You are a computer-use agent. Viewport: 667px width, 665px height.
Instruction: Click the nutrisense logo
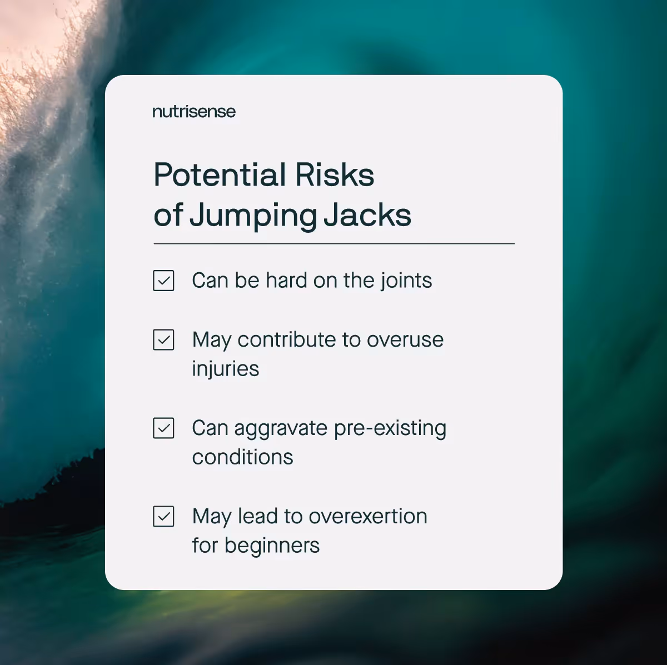(x=194, y=112)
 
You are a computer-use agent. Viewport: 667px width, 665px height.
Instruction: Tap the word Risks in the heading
(x=335, y=175)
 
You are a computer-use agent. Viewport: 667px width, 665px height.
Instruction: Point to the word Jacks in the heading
(x=367, y=216)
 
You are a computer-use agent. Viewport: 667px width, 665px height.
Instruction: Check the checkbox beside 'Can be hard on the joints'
(x=163, y=281)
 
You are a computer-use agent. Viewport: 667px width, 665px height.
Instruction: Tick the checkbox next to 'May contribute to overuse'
(x=163, y=340)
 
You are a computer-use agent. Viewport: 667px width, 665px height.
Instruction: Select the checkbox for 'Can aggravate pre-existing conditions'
(x=163, y=428)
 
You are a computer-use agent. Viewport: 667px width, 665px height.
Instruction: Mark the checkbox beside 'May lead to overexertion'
(x=163, y=517)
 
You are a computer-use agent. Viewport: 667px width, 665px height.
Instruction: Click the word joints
(x=406, y=281)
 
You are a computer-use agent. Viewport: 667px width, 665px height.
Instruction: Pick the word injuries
(x=226, y=369)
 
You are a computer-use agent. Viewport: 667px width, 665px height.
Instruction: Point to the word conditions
(x=242, y=457)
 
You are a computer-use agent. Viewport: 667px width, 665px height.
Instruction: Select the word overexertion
(x=368, y=517)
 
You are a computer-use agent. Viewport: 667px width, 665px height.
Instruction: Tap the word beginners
(x=272, y=546)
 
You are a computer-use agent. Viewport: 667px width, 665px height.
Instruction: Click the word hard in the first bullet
(x=286, y=281)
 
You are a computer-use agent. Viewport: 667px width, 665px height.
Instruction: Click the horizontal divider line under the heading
(x=333, y=243)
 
